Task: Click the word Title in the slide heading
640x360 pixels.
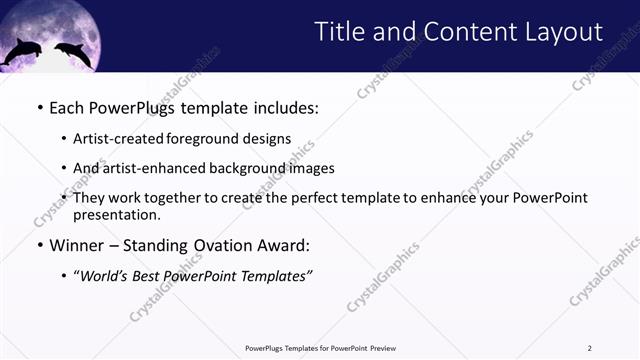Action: pos(340,32)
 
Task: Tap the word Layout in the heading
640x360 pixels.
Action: pos(560,32)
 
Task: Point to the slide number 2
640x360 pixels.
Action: pos(589,348)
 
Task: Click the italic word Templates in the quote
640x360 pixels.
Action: pos(276,276)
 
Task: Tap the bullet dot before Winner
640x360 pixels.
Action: pos(39,245)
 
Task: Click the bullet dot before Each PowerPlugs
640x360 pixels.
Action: pos(39,107)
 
